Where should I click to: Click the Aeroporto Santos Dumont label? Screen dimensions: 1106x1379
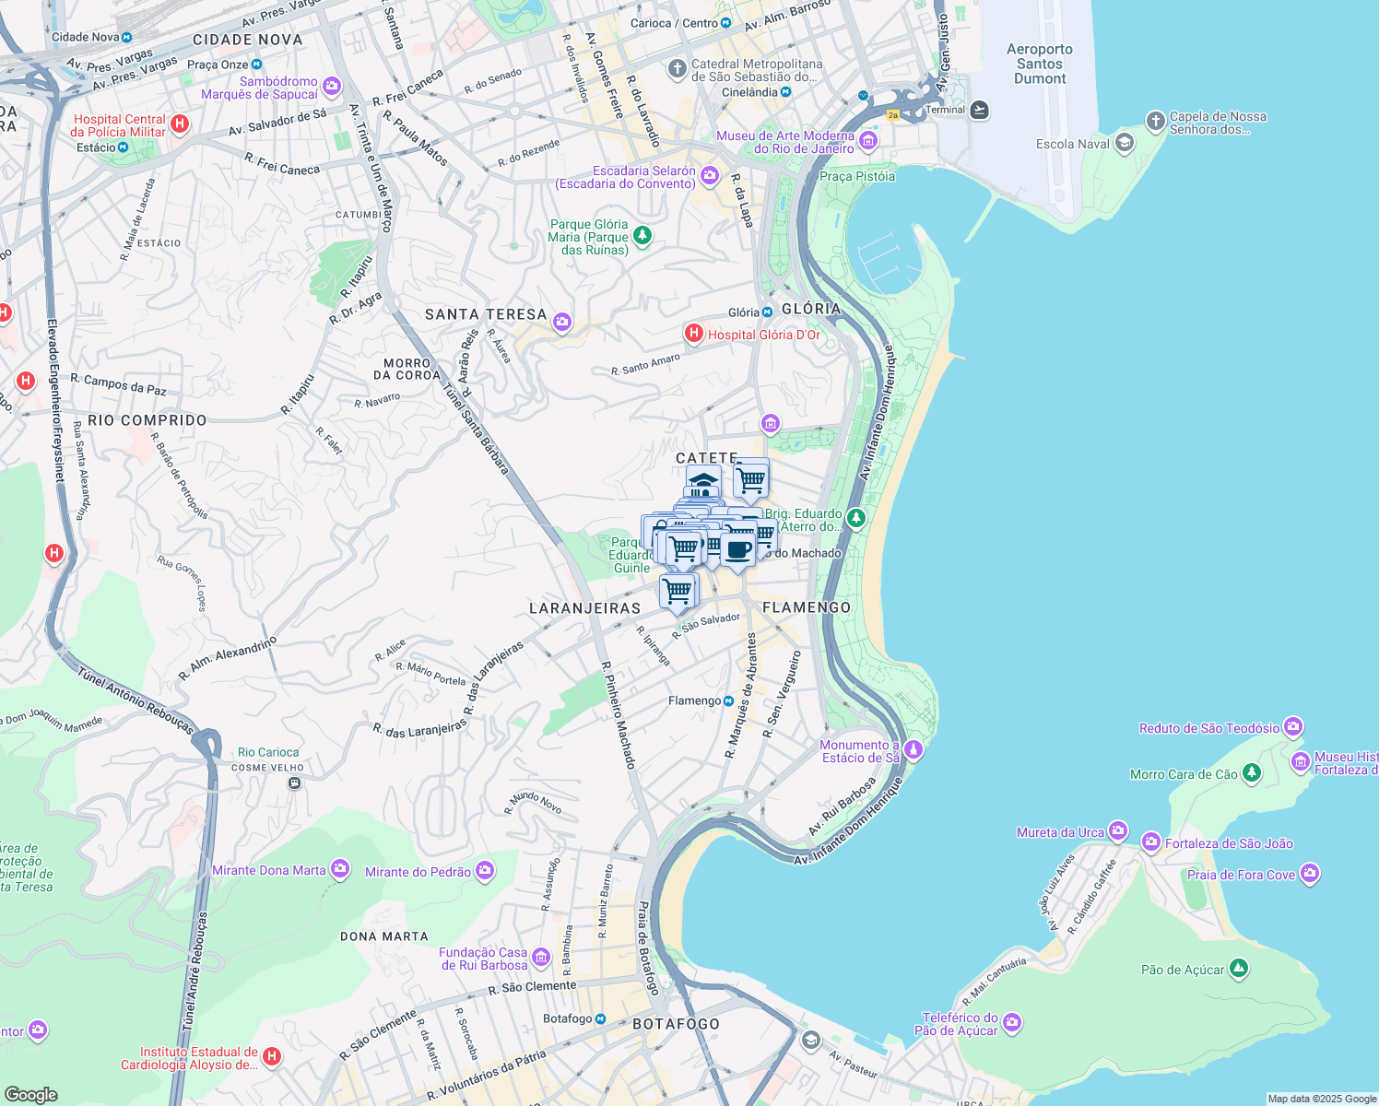[x=1039, y=64]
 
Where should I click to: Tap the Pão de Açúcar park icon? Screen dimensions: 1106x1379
[x=1239, y=969]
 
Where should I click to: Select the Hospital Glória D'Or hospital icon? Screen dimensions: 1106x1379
[x=694, y=334]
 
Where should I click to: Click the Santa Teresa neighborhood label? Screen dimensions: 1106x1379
[x=485, y=314]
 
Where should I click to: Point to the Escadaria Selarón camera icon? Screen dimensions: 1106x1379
[x=709, y=175]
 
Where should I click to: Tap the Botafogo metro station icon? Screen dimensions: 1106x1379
[x=600, y=1018]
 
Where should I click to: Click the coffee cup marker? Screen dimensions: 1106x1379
[x=737, y=549]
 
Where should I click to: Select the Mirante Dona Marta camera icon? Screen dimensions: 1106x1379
[x=340, y=869]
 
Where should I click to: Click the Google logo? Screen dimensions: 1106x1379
[x=30, y=1094]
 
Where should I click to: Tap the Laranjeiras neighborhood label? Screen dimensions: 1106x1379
[x=584, y=608]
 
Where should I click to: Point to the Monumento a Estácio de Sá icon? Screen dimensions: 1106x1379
[x=913, y=749]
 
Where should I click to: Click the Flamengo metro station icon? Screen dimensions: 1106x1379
[x=728, y=700]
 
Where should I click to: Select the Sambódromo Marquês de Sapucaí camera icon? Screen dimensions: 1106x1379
[x=332, y=87]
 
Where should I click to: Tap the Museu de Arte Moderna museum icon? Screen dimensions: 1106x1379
[x=867, y=141]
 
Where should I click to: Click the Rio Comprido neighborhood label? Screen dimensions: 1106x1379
[x=147, y=420]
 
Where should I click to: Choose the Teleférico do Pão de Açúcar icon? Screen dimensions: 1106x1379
[x=1012, y=1022]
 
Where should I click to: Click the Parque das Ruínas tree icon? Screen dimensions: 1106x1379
[x=642, y=236]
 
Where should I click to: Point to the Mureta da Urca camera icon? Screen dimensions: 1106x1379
[x=1117, y=831]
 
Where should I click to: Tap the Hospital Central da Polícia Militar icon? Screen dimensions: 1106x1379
[x=180, y=124]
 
